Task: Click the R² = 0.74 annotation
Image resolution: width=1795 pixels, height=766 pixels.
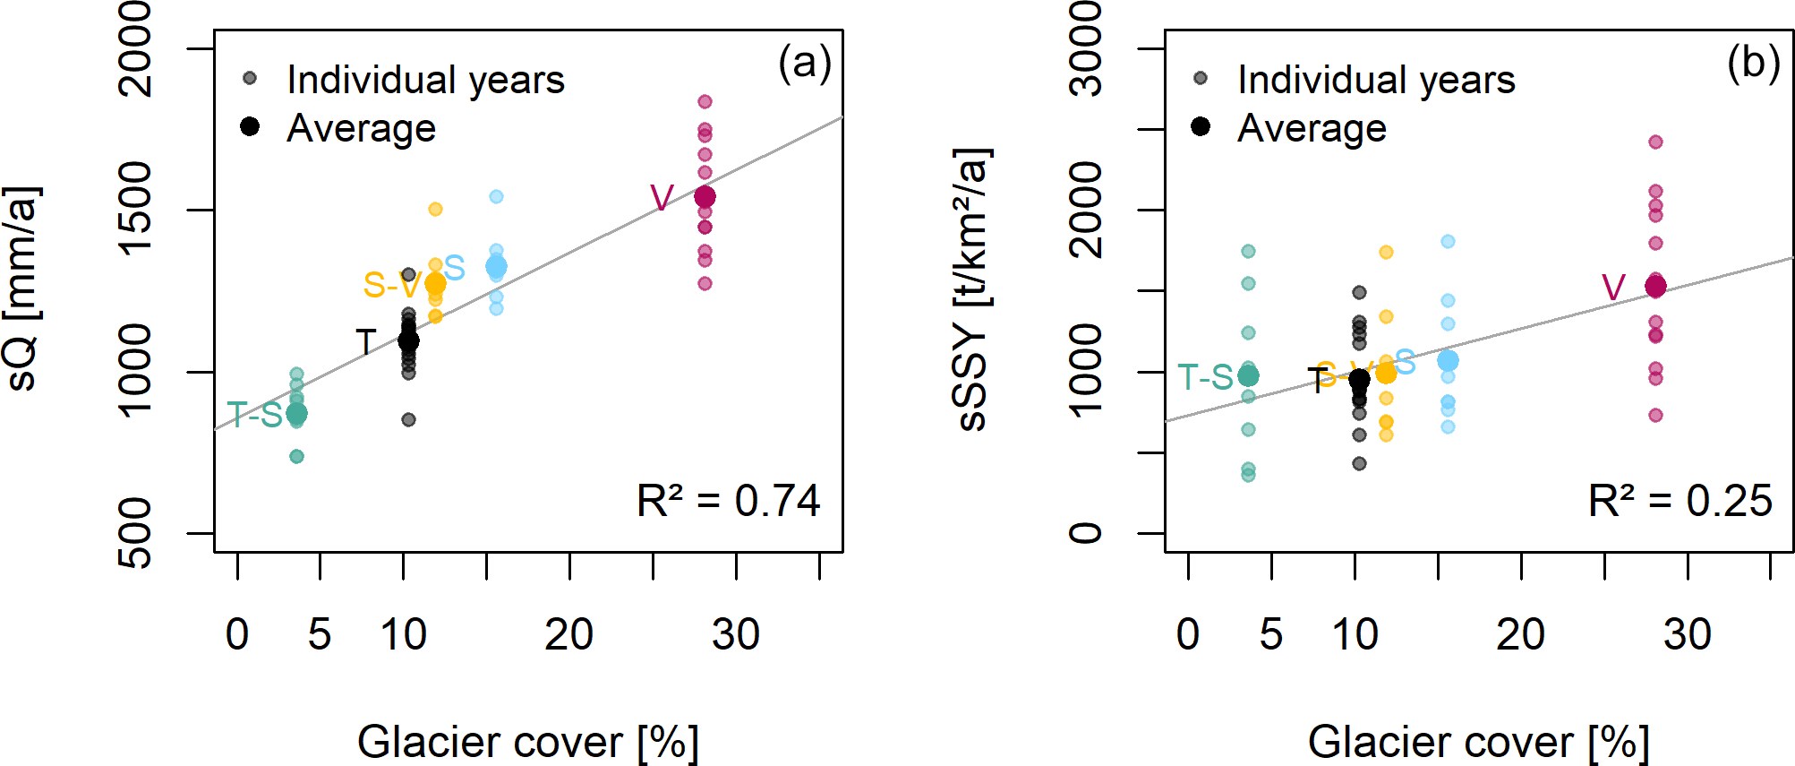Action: click(728, 501)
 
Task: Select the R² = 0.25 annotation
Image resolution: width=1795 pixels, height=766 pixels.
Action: click(1680, 501)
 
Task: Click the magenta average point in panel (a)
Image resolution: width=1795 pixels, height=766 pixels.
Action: click(705, 197)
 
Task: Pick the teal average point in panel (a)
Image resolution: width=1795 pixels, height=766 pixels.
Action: click(296, 414)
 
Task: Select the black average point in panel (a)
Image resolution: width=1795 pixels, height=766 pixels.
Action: click(408, 340)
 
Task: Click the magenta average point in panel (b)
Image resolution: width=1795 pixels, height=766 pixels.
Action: click(1655, 287)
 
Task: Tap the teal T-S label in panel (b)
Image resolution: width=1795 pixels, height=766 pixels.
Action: click(1205, 378)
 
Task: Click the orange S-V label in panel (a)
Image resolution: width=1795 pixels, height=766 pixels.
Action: click(391, 286)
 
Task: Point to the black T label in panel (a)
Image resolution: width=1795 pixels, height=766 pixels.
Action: click(365, 342)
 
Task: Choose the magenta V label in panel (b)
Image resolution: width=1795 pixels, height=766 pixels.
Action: click(1613, 288)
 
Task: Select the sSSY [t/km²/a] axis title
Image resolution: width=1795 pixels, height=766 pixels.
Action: click(973, 288)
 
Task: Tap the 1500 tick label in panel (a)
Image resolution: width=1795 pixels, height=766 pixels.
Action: click(136, 210)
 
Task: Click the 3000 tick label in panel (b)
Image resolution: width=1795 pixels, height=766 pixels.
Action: click(1087, 48)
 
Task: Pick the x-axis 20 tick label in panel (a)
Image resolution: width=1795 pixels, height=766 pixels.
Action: click(569, 635)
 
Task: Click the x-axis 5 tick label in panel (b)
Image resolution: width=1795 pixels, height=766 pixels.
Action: click(1271, 635)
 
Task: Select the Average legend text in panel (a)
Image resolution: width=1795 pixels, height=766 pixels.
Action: click(362, 129)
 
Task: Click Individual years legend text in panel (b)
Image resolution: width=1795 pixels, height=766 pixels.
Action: click(1376, 80)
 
